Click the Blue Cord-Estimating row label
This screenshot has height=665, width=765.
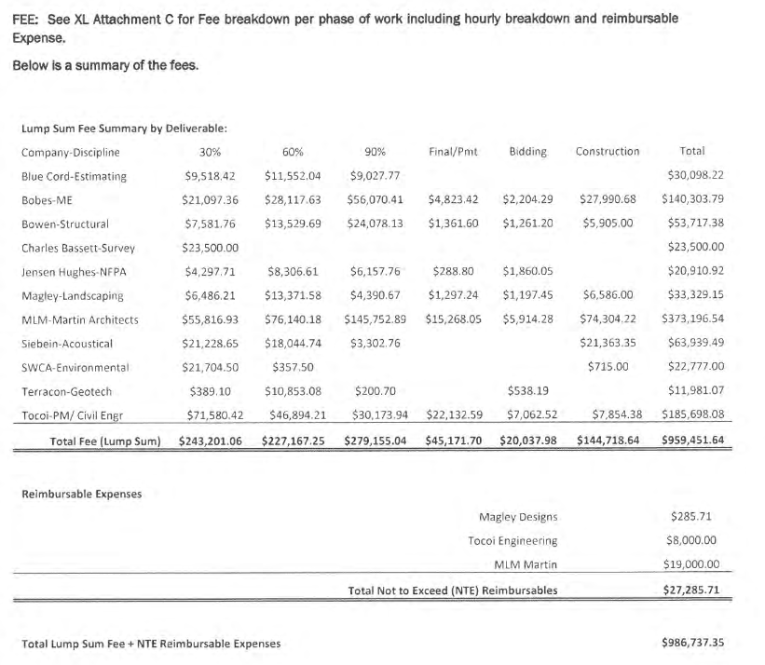74,176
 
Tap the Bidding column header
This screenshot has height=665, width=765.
528,151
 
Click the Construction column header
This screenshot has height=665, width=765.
608,151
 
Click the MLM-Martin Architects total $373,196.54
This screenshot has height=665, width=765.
692,319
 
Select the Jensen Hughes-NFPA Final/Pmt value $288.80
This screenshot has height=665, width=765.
454,272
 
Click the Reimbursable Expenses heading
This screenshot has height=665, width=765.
81,494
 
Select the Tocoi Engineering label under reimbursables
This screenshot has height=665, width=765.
512,540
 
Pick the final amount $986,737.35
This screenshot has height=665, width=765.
691,644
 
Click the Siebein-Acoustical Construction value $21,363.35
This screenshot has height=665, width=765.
608,344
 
